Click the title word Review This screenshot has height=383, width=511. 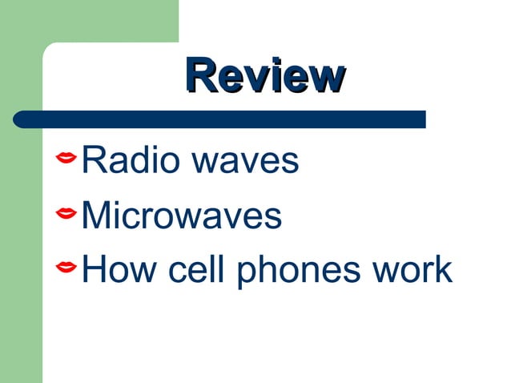tap(264, 78)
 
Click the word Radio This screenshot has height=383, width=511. tap(123, 160)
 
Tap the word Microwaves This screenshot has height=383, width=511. tap(183, 215)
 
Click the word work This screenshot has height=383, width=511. tap(414, 268)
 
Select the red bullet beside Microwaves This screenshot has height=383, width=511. tap(66, 213)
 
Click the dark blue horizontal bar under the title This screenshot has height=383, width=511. tap(220, 119)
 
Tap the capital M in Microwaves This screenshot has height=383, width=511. tap(99, 215)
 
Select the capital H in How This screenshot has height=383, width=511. tap(96, 268)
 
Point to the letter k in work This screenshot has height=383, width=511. tap(443, 268)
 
